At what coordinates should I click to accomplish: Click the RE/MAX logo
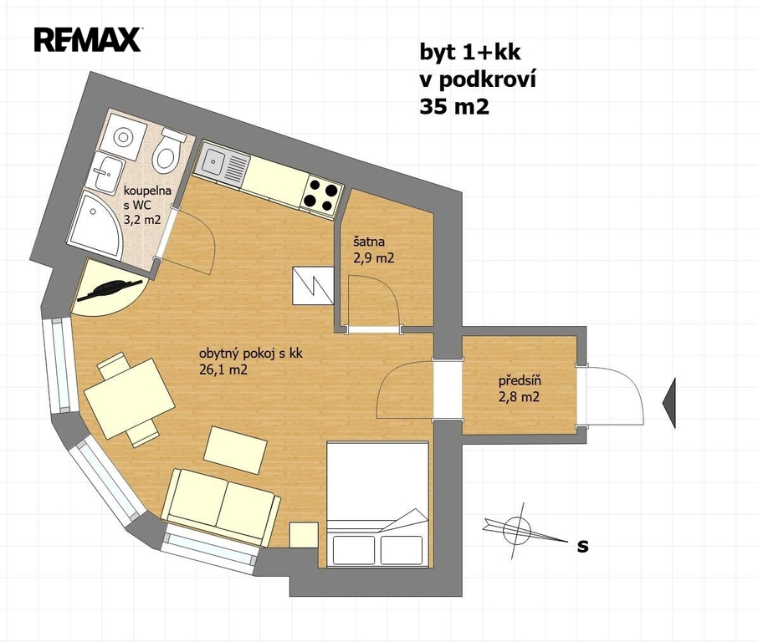88,39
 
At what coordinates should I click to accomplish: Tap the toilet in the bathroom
167,151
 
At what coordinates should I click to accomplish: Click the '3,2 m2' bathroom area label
142,221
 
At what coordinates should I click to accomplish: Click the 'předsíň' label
520,380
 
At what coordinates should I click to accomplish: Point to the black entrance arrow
669,404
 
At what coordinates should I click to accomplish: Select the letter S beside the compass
583,546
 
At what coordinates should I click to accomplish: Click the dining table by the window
130,399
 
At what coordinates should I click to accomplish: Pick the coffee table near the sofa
235,451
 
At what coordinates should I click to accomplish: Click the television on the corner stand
110,290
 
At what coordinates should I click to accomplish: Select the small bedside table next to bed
304,535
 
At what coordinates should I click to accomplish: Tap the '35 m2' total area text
454,107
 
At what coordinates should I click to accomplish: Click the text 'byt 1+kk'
470,52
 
